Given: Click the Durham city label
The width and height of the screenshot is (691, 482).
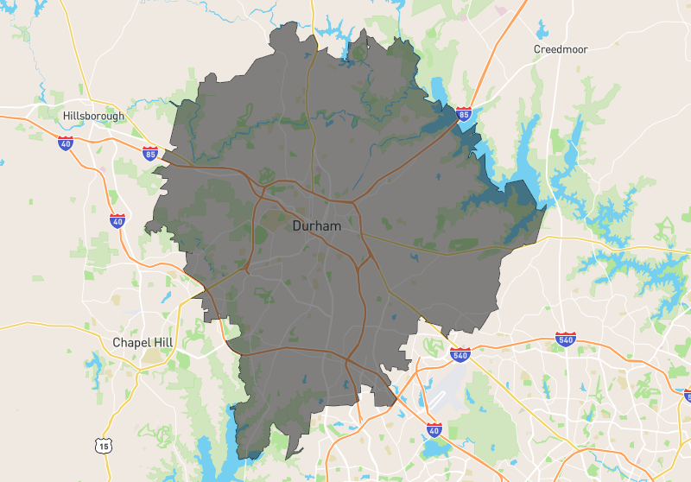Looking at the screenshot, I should (316, 225).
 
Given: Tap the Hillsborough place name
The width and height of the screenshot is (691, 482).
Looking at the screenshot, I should (93, 116).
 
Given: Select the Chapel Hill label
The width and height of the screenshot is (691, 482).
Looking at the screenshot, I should (143, 343).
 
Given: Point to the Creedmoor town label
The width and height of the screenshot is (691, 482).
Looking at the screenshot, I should (560, 49).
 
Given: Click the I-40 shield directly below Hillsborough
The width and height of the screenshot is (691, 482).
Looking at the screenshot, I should (66, 143).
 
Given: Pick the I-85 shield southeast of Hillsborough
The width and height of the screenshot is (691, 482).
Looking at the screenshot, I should (150, 155).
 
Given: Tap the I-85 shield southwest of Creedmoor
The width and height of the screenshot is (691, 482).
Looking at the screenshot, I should (465, 113).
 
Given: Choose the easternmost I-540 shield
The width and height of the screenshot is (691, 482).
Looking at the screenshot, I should (566, 339).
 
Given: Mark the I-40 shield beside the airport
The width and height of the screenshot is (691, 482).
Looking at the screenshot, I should (434, 428).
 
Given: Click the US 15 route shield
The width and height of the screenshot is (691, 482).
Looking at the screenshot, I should (103, 445).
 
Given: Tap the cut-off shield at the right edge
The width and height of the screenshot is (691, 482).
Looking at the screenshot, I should (688, 395).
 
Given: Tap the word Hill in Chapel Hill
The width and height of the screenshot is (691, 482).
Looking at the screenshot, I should (161, 343).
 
